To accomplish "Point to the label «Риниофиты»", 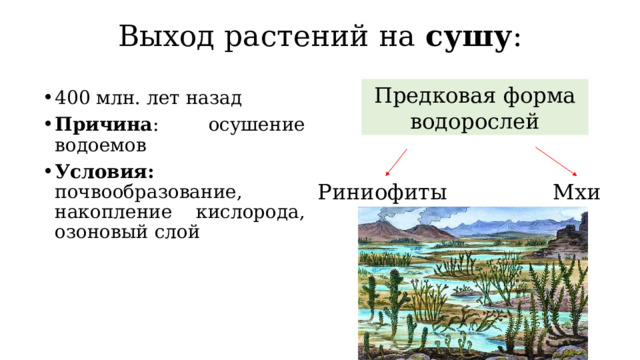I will [x=382, y=192].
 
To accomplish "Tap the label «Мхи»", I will [x=576, y=192].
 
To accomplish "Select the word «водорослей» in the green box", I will [x=475, y=121].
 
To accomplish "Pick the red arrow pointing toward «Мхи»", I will [x=557, y=161].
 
